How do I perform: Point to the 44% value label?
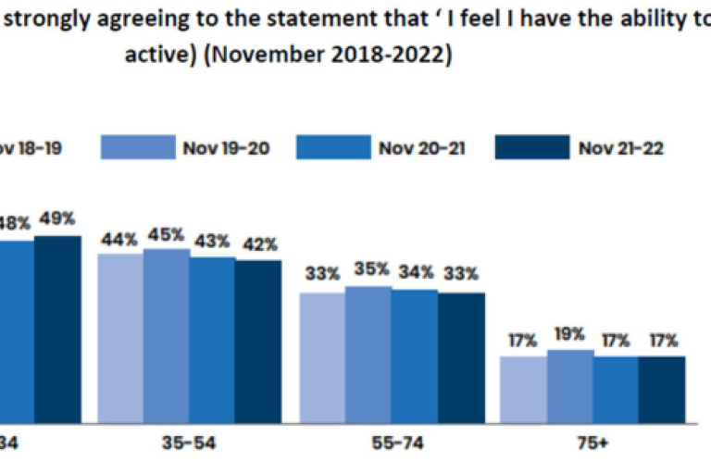click(120, 239)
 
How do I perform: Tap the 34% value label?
click(414, 274)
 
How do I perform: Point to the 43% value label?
click(212, 241)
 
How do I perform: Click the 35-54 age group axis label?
click(190, 443)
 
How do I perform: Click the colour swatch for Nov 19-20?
click(136, 147)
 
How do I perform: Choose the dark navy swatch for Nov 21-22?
click(531, 147)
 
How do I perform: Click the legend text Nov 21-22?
click(621, 147)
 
